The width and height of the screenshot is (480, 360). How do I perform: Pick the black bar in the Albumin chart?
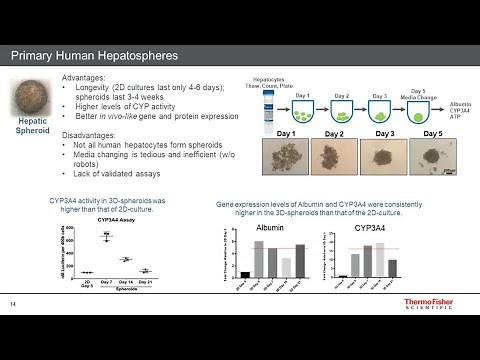pos(245,272)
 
